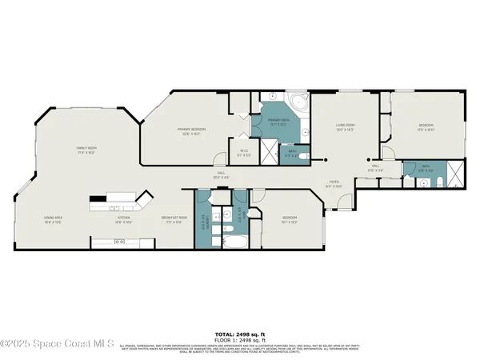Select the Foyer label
(x=335, y=184)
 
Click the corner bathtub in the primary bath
(x=298, y=102)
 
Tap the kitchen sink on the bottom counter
(x=112, y=242)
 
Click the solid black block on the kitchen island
(x=98, y=198)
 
